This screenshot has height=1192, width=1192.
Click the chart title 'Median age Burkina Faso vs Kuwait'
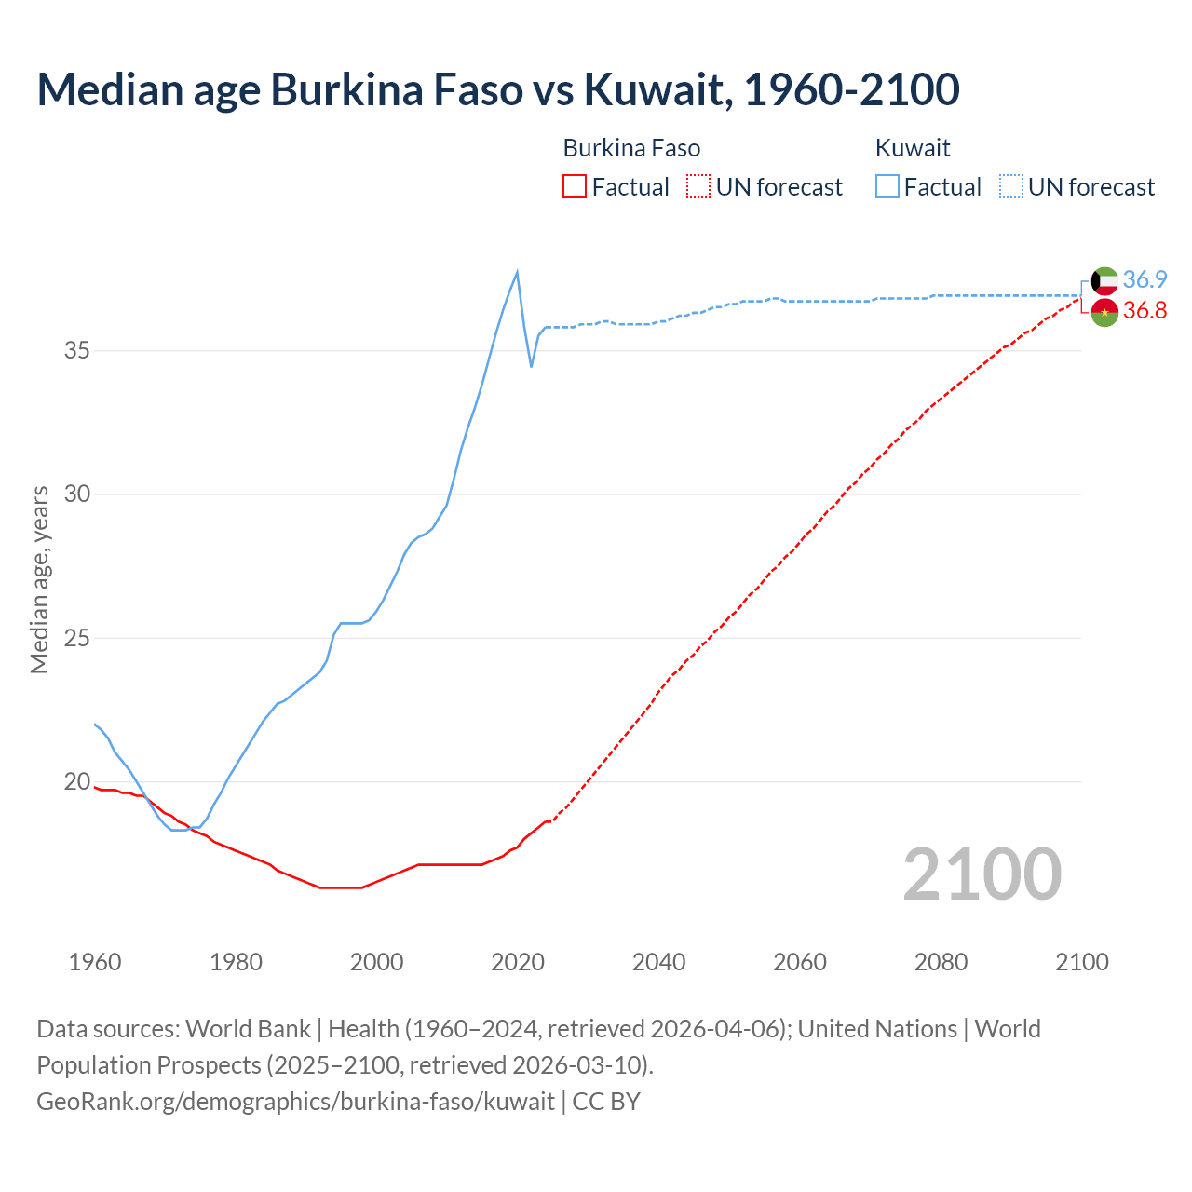tap(497, 89)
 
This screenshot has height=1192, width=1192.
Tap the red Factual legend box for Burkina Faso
tap(575, 187)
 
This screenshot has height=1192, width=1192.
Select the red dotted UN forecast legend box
tap(698, 187)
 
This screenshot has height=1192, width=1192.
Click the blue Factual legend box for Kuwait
tap(887, 187)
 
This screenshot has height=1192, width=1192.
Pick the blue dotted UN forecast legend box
tap(1010, 187)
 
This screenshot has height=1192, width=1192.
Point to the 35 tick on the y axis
tap(77, 351)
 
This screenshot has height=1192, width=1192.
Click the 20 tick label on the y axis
tap(77, 782)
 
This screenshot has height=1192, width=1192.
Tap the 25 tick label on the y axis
tap(77, 639)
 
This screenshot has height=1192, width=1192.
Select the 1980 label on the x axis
tap(236, 962)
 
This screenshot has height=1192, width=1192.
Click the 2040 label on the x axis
tap(658, 962)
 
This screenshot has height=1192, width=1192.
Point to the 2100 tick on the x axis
tap(1081, 962)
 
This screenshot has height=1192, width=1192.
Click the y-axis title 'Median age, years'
tap(39, 579)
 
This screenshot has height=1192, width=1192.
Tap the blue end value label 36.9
tap(1145, 279)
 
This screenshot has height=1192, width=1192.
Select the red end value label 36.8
tap(1145, 311)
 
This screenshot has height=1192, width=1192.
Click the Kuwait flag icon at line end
tap(1104, 280)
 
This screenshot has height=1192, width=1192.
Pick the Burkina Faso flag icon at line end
tap(1104, 312)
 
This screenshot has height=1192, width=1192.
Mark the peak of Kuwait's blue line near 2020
tap(517, 272)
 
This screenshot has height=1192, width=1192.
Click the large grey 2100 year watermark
tap(982, 874)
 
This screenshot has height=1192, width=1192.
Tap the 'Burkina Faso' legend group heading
tap(631, 148)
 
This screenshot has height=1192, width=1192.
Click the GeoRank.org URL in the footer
tap(295, 1102)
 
